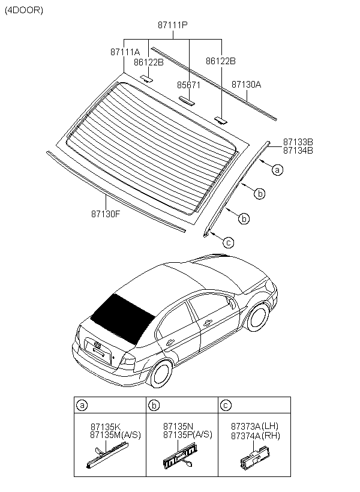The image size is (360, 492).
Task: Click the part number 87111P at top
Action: point(173,26)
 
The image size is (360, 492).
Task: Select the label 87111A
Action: point(125,52)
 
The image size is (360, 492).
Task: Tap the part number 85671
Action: point(188,85)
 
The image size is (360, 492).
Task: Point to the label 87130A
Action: point(246,85)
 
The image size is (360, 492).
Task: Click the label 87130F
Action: point(106,212)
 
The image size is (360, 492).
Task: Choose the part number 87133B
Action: point(298,142)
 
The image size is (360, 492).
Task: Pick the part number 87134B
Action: point(298,150)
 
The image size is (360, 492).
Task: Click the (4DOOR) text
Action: point(24,10)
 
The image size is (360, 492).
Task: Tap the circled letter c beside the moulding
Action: point(227,242)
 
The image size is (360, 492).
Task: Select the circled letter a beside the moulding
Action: point(277,170)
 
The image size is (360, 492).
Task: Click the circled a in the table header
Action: point(82,405)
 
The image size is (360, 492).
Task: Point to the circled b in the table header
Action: point(154,405)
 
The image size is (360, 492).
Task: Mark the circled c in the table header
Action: point(225,405)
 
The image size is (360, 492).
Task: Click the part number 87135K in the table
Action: point(105,427)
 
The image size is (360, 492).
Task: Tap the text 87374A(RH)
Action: point(256,436)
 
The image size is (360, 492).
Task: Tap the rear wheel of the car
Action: point(160,372)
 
